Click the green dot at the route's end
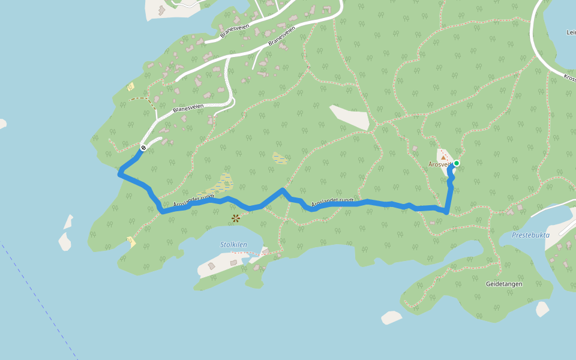[457, 163]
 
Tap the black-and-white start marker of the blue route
[143, 148]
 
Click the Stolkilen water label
[234, 244]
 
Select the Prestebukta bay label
[530, 235]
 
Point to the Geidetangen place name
[505, 284]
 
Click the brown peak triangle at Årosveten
[443, 157]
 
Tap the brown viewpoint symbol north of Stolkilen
[236, 218]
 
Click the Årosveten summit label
[439, 164]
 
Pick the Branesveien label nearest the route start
[188, 109]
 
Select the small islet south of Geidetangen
[542, 309]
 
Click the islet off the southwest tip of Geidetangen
[391, 317]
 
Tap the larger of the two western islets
[65, 241]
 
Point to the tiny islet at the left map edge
[2, 124]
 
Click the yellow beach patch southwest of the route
[131, 242]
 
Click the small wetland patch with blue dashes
[279, 158]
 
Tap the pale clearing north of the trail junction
[349, 118]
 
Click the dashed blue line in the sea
[42, 300]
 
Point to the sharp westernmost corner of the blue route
[120, 174]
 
